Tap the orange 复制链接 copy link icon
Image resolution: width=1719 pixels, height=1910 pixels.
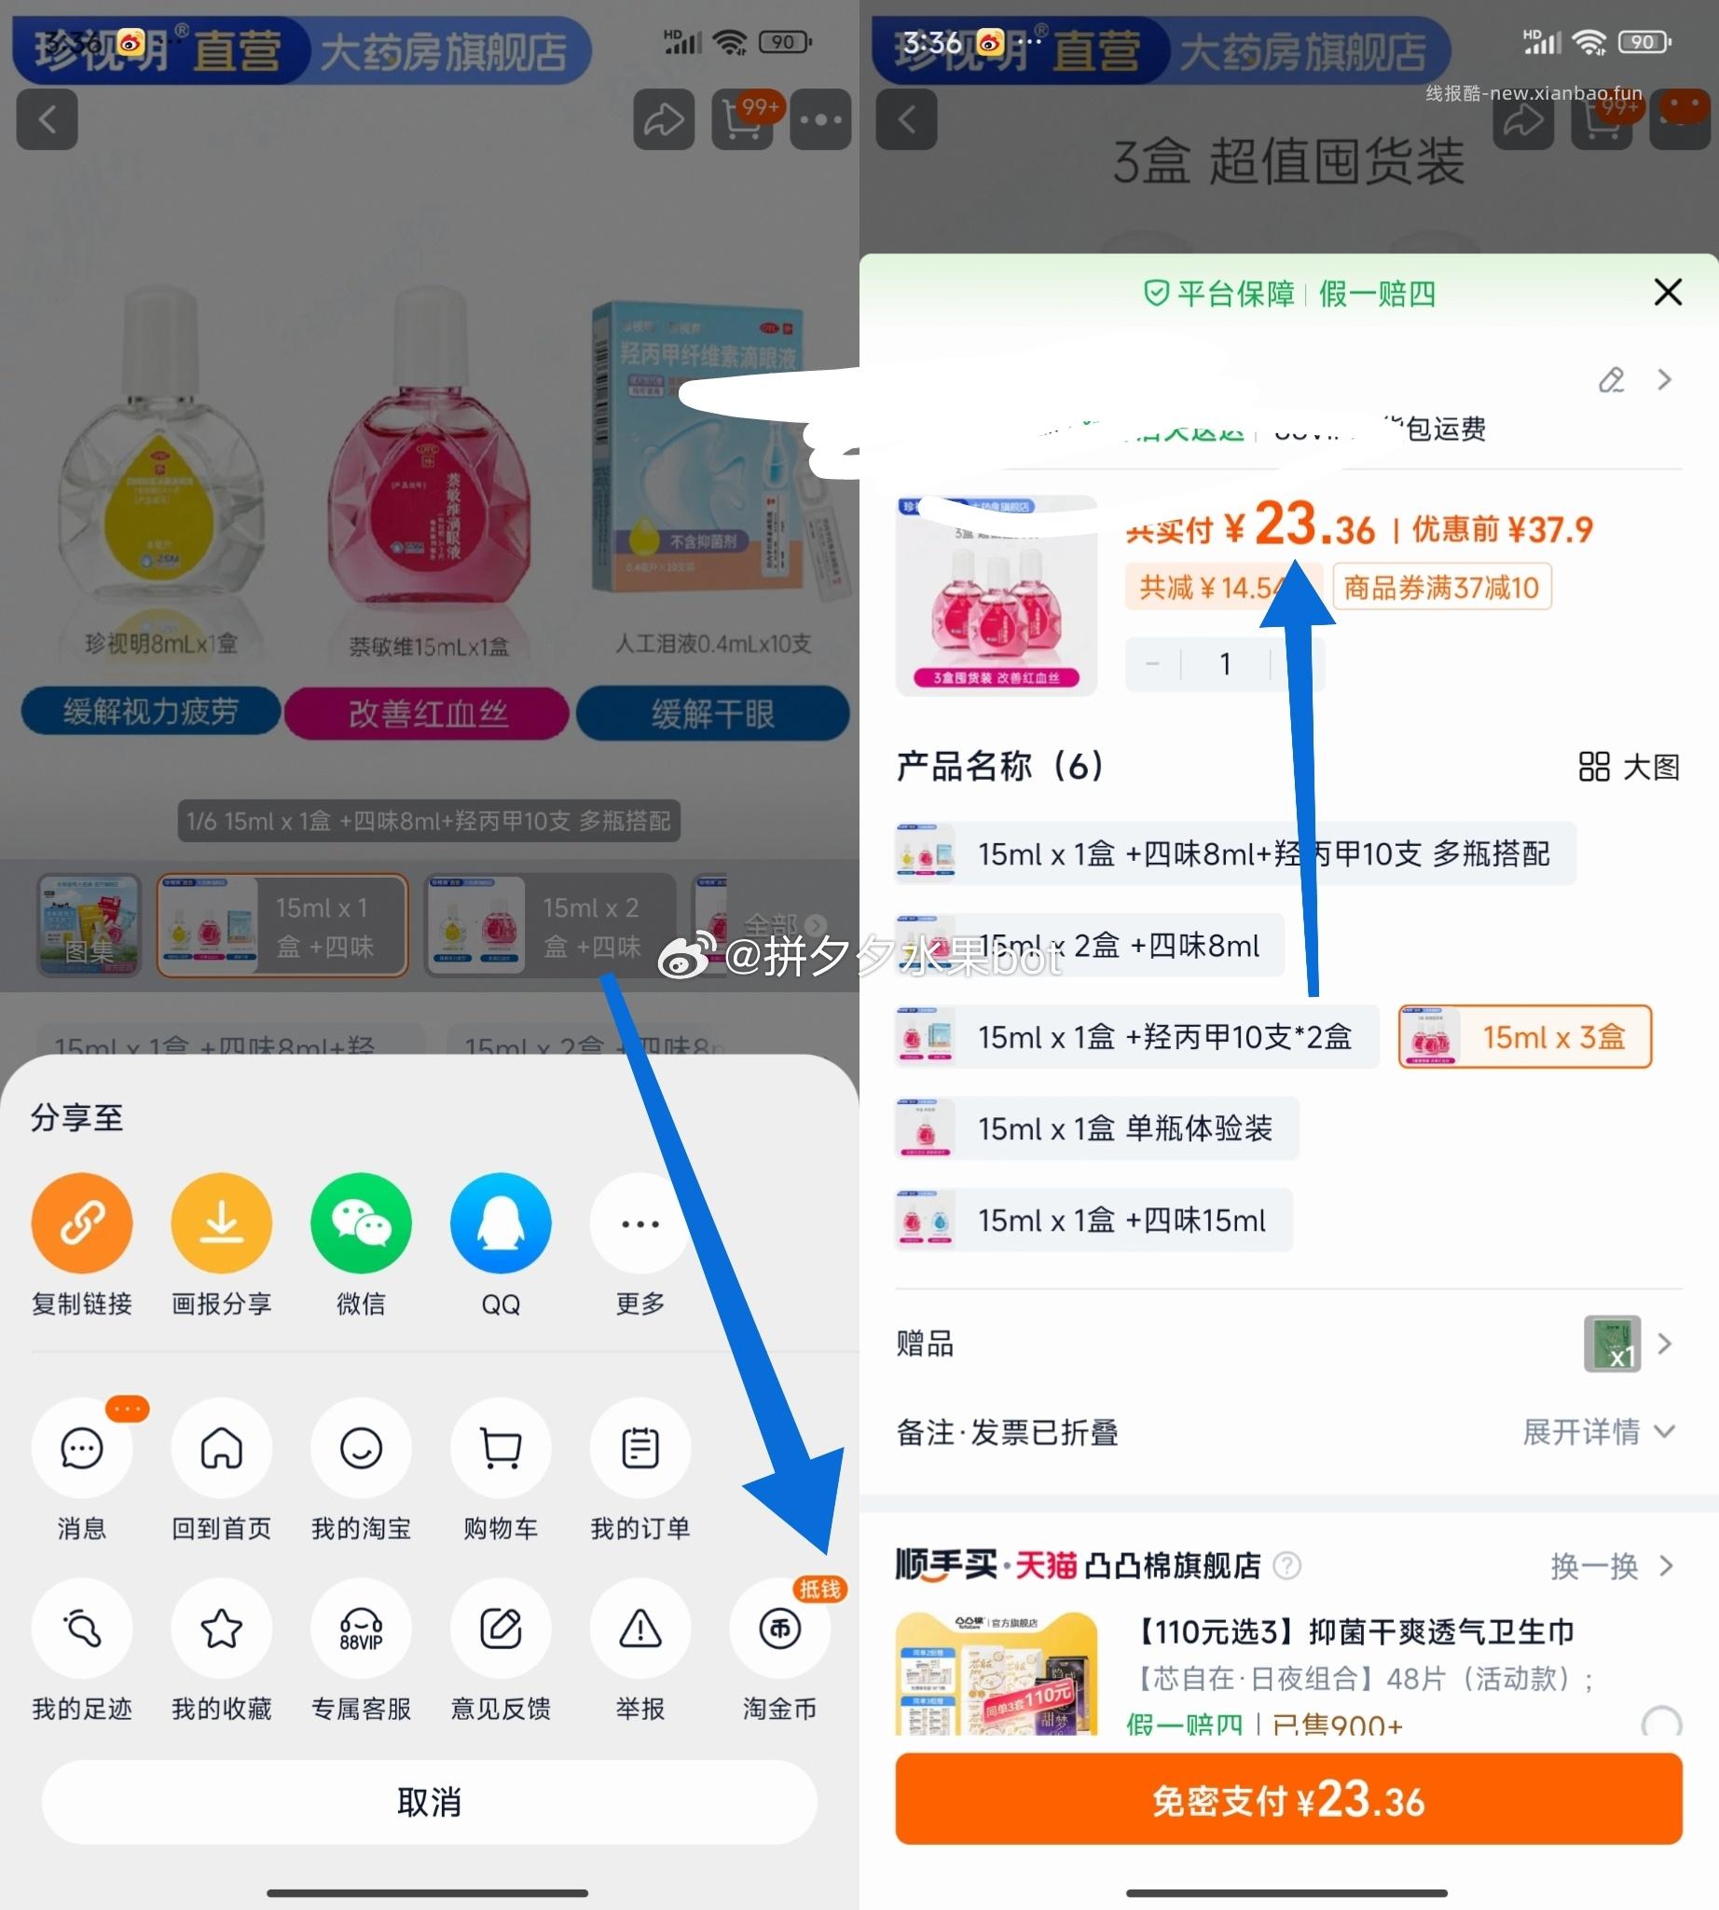81,1222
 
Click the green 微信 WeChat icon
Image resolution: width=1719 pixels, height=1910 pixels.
361,1222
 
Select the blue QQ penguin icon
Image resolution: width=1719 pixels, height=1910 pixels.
501,1222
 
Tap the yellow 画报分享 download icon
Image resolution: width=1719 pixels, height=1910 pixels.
221,1222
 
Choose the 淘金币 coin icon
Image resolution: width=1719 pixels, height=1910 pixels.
779,1629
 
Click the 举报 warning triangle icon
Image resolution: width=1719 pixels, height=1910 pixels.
640,1629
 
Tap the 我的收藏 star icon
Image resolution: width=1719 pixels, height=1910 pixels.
221,1629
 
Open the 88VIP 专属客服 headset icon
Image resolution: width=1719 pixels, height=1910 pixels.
361,1629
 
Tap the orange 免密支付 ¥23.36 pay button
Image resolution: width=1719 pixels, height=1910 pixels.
1288,1799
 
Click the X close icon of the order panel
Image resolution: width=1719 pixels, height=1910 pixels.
1668,293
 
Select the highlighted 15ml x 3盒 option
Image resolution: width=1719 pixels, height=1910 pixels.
1524,1037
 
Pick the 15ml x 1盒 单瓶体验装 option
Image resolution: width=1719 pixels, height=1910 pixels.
1095,1128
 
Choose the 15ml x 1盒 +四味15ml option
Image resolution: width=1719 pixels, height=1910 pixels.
1093,1220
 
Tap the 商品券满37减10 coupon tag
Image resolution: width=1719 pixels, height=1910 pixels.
1441,587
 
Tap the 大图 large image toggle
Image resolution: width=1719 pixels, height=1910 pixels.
1630,767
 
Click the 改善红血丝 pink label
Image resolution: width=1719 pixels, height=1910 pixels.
427,713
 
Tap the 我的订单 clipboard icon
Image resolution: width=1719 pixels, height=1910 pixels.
640,1448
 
